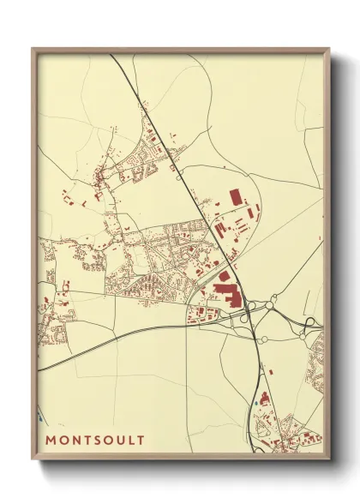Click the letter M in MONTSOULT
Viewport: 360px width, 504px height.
point(51,440)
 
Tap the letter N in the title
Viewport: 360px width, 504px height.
point(78,440)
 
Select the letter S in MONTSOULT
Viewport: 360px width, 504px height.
point(99,440)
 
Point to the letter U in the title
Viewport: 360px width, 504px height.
point(123,440)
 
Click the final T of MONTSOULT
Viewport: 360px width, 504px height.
point(142,440)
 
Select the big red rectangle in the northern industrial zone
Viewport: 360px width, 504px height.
point(236,197)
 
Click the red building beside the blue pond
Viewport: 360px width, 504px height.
point(265,397)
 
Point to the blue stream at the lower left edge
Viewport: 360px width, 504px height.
point(40,418)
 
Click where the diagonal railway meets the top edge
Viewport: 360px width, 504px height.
point(110,55)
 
